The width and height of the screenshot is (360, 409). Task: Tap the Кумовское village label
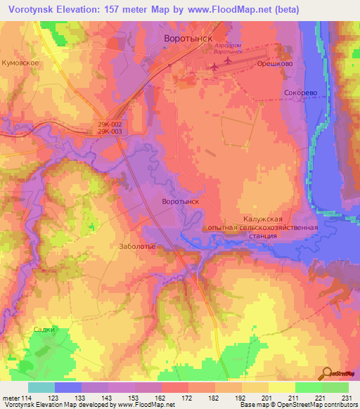pyautogui.click(x=25, y=63)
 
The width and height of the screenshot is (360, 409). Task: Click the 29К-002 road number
pyautogui.click(x=110, y=124)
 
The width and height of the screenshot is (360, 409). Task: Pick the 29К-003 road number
pyautogui.click(x=110, y=131)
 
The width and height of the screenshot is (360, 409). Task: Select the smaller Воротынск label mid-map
pyautogui.click(x=181, y=202)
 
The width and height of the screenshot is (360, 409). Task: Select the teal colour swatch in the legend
pyautogui.click(x=41, y=387)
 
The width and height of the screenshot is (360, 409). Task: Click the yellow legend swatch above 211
pyautogui.click(x=282, y=387)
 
